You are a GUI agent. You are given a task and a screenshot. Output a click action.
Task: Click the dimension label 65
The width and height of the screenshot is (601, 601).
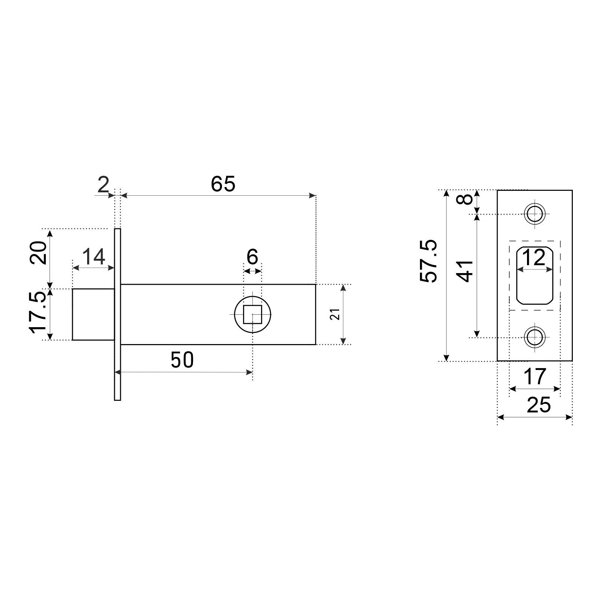coord(223,184)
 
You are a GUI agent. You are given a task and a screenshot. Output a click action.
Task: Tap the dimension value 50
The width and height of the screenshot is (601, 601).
coord(182,360)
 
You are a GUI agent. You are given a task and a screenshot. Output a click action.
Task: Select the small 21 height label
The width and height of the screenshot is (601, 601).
coord(337,314)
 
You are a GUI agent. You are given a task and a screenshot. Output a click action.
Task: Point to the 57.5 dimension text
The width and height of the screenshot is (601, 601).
coord(429,261)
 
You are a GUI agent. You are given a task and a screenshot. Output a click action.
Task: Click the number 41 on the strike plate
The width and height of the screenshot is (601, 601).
coord(466,270)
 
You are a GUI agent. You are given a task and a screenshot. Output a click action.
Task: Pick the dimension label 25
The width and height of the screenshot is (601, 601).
coord(539,405)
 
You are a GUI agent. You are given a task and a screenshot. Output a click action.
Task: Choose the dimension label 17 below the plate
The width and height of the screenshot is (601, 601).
coord(535,377)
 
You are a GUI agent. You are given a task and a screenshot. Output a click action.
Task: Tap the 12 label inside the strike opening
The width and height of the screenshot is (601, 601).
coord(534,258)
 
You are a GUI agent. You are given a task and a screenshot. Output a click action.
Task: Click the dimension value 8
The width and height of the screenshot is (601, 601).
coord(466,198)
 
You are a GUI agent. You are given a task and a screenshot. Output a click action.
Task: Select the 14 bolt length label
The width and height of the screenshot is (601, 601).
coord(93,258)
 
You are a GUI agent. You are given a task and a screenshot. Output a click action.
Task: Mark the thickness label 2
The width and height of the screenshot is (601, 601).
coord(103,185)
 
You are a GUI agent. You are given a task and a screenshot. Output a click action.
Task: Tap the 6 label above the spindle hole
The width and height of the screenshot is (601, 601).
coord(252,257)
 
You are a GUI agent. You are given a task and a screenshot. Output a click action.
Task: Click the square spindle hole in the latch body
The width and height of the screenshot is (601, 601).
coord(252,314)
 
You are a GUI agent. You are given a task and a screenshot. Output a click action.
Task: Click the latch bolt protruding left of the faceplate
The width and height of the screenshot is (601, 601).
coord(93,314)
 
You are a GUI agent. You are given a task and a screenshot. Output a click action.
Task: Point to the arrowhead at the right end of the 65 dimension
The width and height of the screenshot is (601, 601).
coord(313,195)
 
